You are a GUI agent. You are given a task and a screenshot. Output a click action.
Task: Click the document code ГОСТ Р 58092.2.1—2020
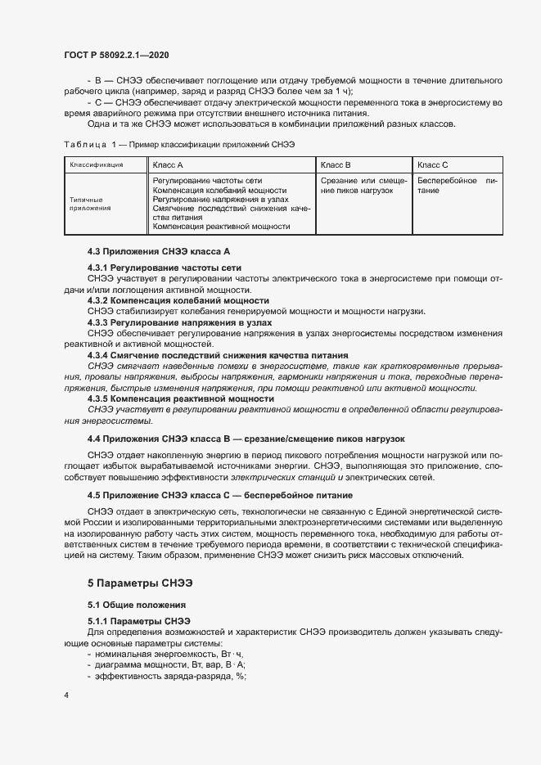click(x=116, y=54)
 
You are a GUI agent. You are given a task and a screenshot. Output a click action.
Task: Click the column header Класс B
click(x=336, y=164)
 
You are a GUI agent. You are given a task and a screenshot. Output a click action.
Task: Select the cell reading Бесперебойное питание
click(x=457, y=184)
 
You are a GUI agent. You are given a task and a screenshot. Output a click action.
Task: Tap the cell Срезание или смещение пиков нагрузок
click(x=363, y=184)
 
